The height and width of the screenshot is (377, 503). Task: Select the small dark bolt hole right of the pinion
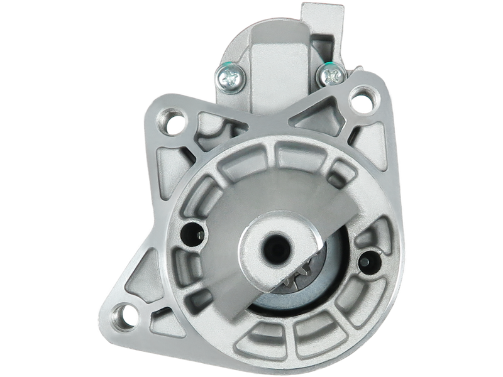coord(368,258)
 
